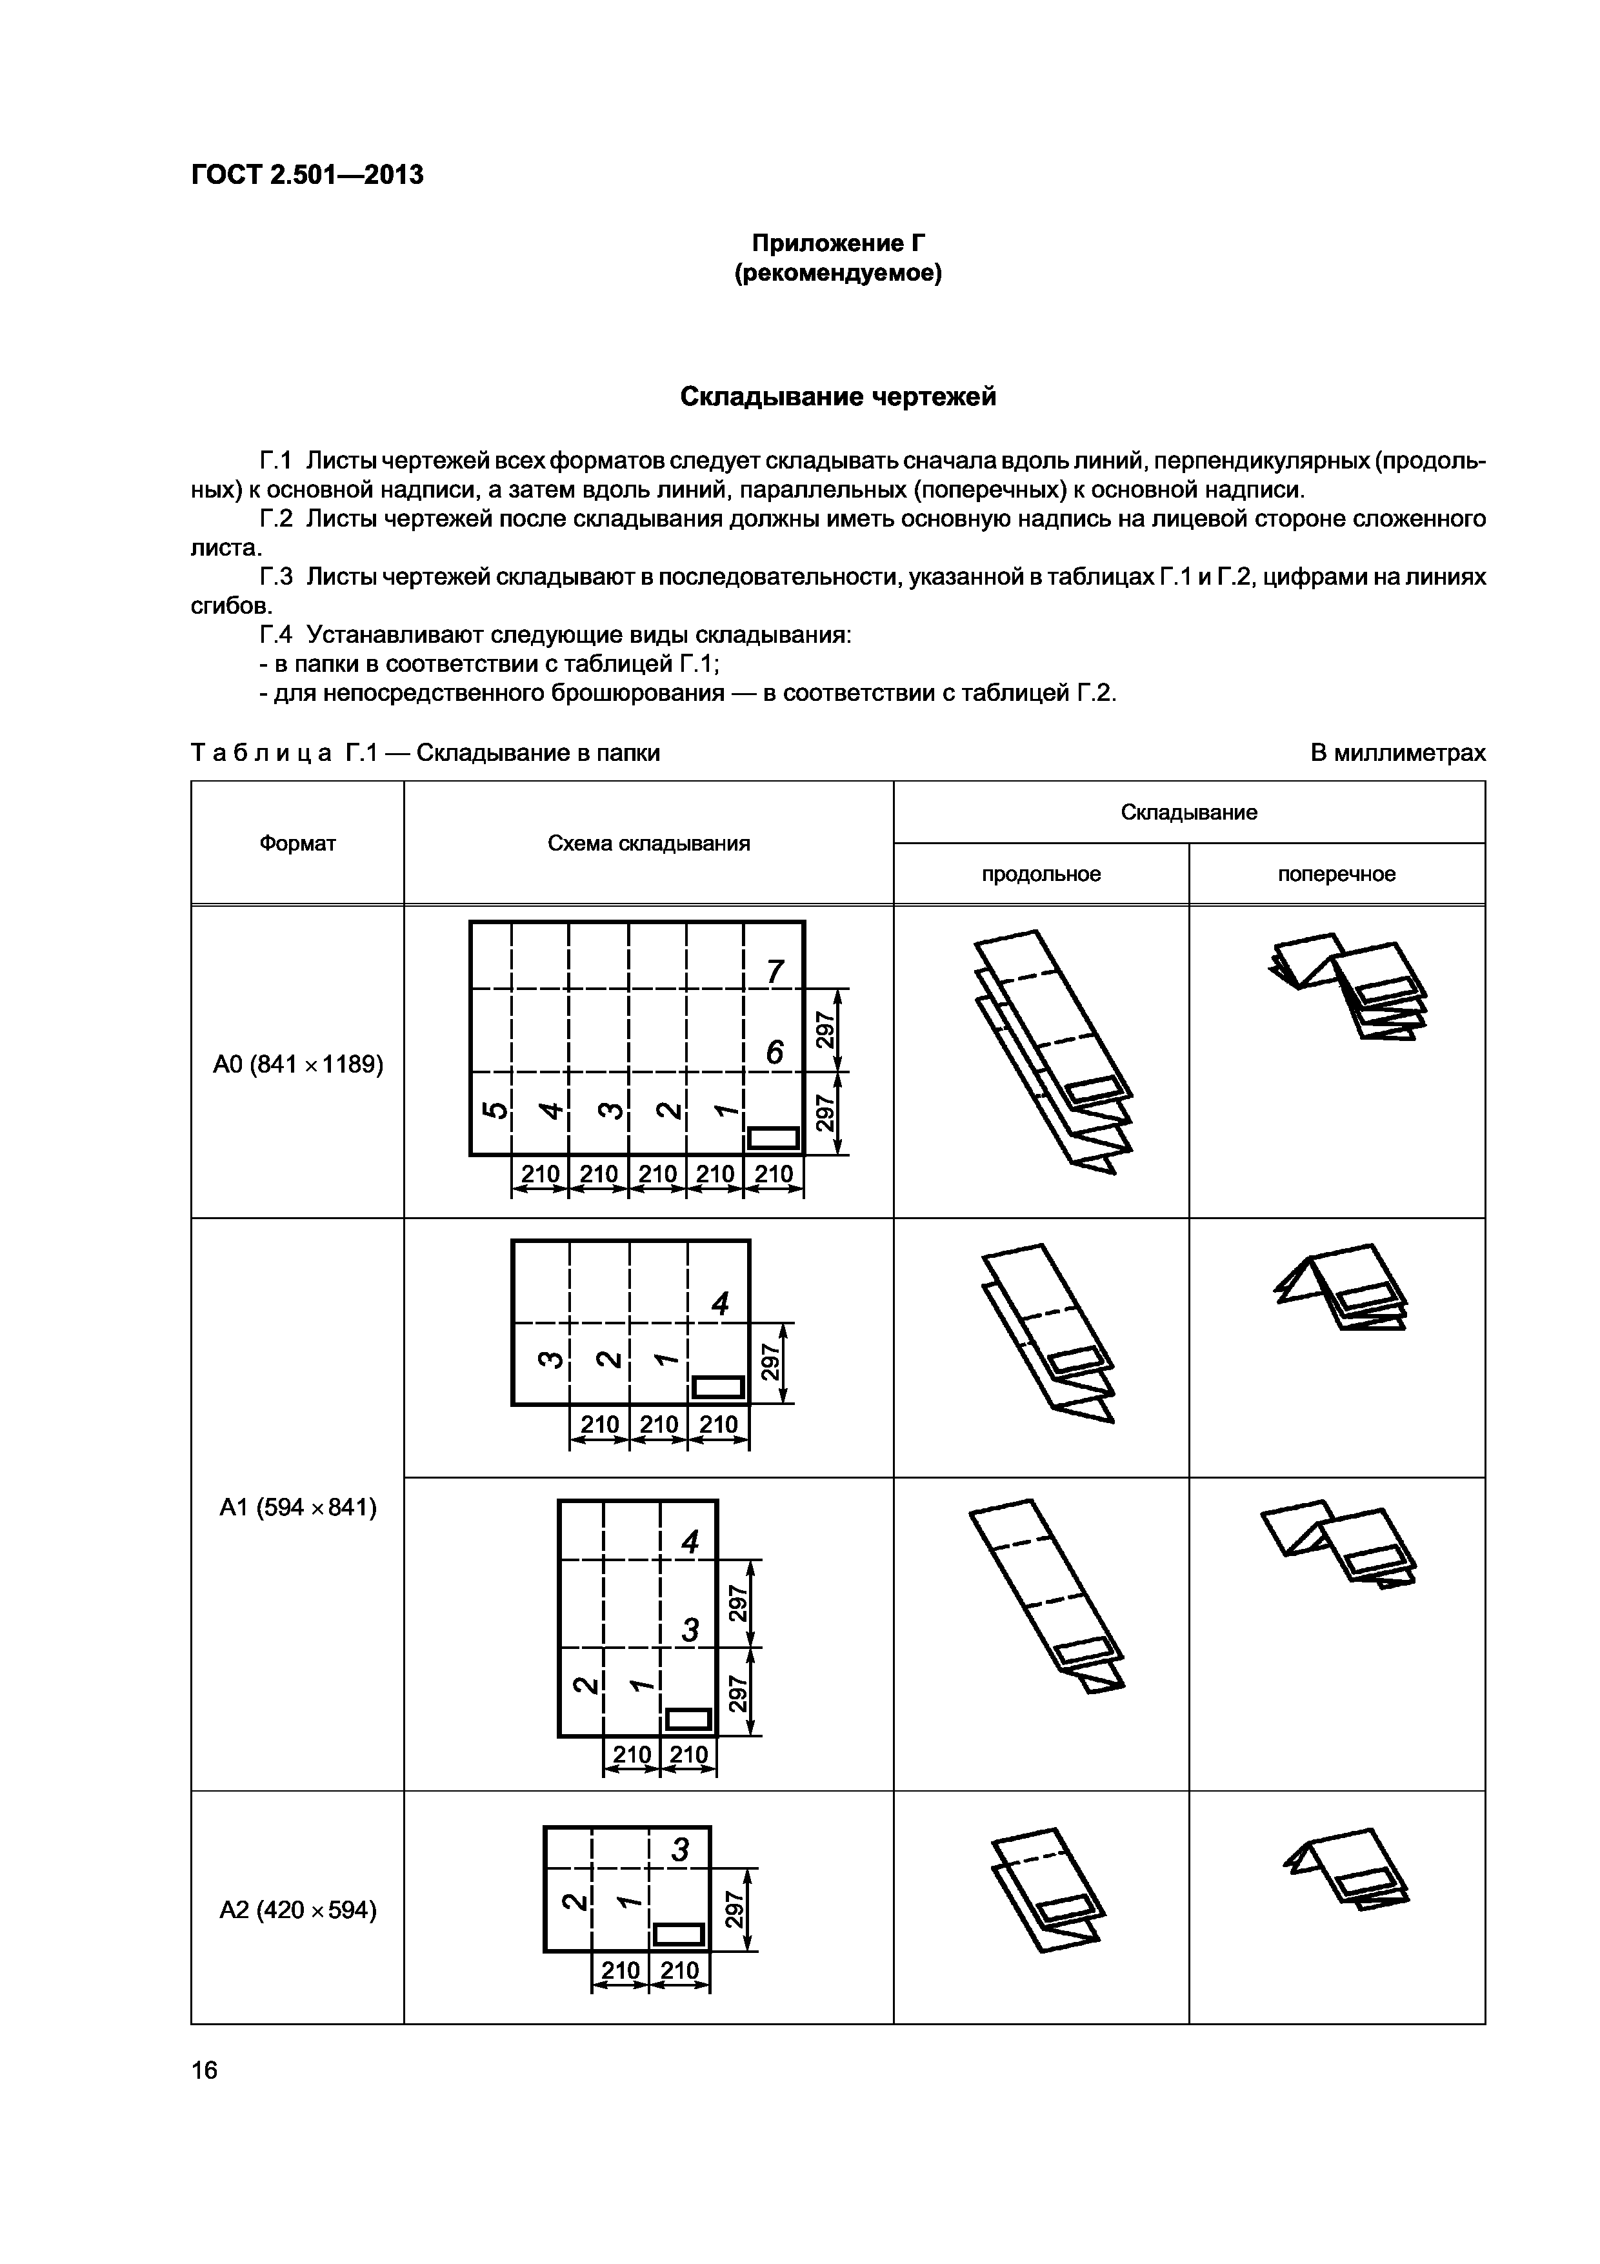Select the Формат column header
(x=297, y=843)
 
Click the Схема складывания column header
(x=648, y=843)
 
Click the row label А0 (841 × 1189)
(x=297, y=1064)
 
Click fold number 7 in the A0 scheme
(x=775, y=972)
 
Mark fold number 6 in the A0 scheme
(x=775, y=1053)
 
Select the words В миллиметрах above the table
(x=1397, y=753)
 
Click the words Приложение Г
(x=838, y=243)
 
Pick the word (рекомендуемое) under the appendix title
(x=838, y=273)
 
